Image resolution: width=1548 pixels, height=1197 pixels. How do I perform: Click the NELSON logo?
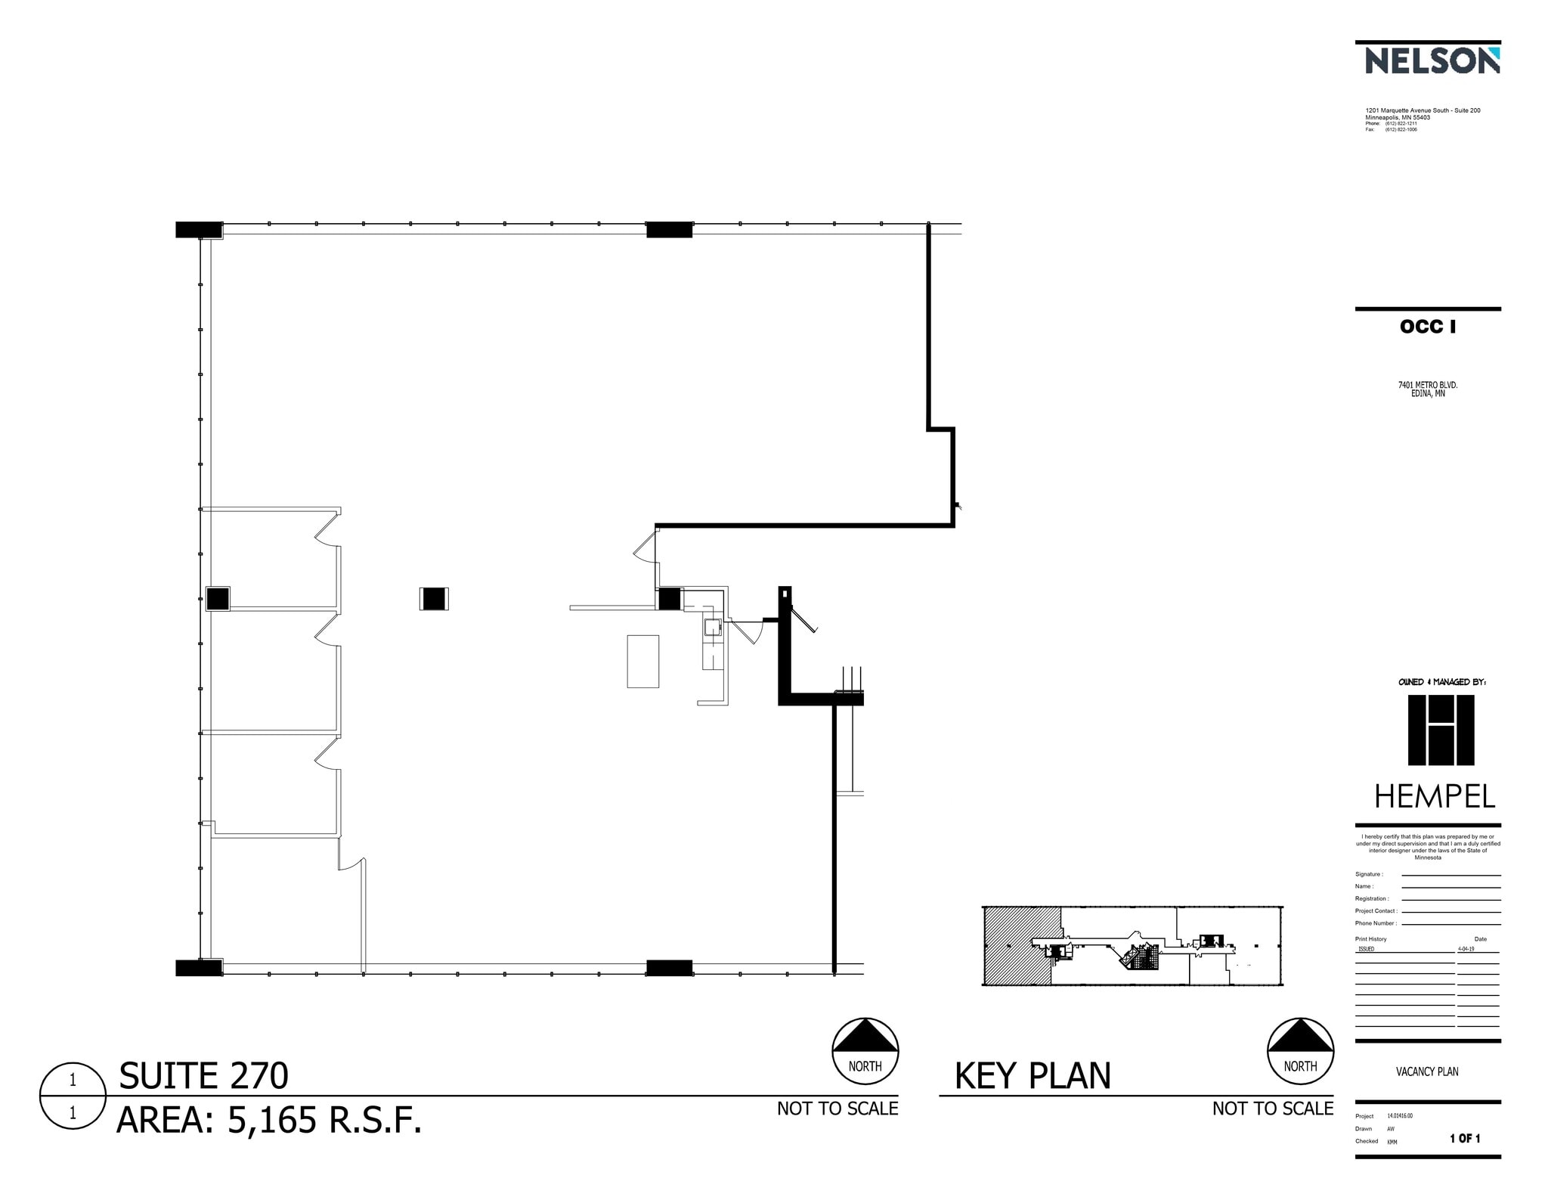tap(1432, 60)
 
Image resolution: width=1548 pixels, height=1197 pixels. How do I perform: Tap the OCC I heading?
tap(1427, 327)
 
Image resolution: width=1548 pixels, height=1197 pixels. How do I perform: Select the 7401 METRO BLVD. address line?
tap(1428, 385)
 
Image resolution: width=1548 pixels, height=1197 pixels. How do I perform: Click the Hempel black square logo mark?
tap(1441, 730)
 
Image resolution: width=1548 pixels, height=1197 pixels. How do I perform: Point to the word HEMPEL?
tap(1434, 797)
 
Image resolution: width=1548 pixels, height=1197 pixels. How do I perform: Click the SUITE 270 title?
tap(203, 1075)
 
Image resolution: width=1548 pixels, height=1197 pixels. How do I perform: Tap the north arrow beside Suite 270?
tap(865, 1050)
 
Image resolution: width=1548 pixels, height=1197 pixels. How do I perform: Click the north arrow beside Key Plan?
tap(1300, 1050)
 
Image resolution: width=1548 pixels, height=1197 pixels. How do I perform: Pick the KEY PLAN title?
tap(1033, 1075)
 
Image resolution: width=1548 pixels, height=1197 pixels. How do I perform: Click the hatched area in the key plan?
tap(1017, 945)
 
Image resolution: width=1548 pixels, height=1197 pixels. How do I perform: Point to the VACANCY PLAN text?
tap(1427, 1071)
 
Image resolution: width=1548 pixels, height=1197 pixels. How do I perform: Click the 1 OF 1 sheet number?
tap(1465, 1138)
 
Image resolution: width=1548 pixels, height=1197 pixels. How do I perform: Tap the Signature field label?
tap(1369, 874)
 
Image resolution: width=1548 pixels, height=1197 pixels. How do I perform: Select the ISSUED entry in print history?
tap(1366, 948)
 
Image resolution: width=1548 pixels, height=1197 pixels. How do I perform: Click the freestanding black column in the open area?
tap(434, 599)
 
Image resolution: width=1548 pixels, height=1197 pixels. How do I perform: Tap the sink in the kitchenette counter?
tap(712, 627)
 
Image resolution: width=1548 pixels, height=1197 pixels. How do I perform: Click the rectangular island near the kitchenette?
tap(642, 661)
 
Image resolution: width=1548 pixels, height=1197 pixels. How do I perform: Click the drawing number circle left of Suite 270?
tap(73, 1096)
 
